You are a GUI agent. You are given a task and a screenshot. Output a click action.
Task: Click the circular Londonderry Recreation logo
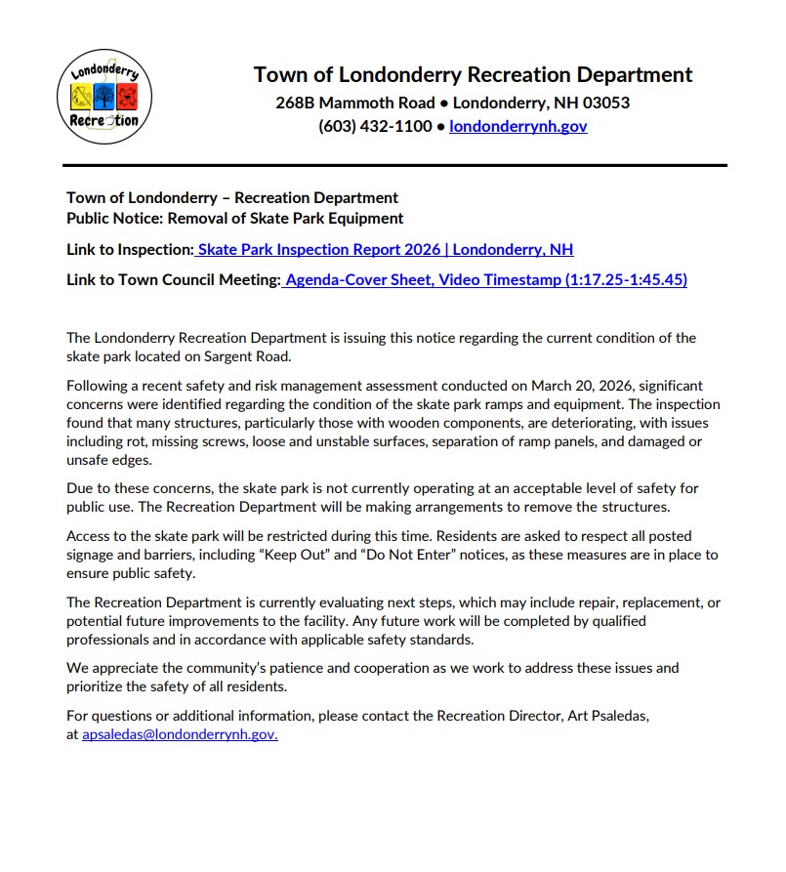pyautogui.click(x=104, y=96)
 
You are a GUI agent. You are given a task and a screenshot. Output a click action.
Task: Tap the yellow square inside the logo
pyautogui.click(x=83, y=97)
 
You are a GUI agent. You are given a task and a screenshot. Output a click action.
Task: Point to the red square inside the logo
pyautogui.click(x=128, y=97)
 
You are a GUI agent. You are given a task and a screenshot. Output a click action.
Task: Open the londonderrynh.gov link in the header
pyautogui.click(x=517, y=126)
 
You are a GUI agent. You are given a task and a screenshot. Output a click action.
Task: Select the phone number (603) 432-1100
pyautogui.click(x=375, y=126)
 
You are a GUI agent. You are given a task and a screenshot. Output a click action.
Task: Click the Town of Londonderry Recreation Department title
pyautogui.click(x=473, y=75)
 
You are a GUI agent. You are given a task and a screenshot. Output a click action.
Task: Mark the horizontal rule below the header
pyautogui.click(x=394, y=165)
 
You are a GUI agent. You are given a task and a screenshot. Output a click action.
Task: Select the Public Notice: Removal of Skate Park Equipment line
pyautogui.click(x=234, y=218)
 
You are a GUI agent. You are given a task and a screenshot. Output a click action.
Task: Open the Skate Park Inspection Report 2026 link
pyautogui.click(x=385, y=249)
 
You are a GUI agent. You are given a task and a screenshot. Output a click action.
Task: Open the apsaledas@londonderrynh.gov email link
pyautogui.click(x=180, y=734)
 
